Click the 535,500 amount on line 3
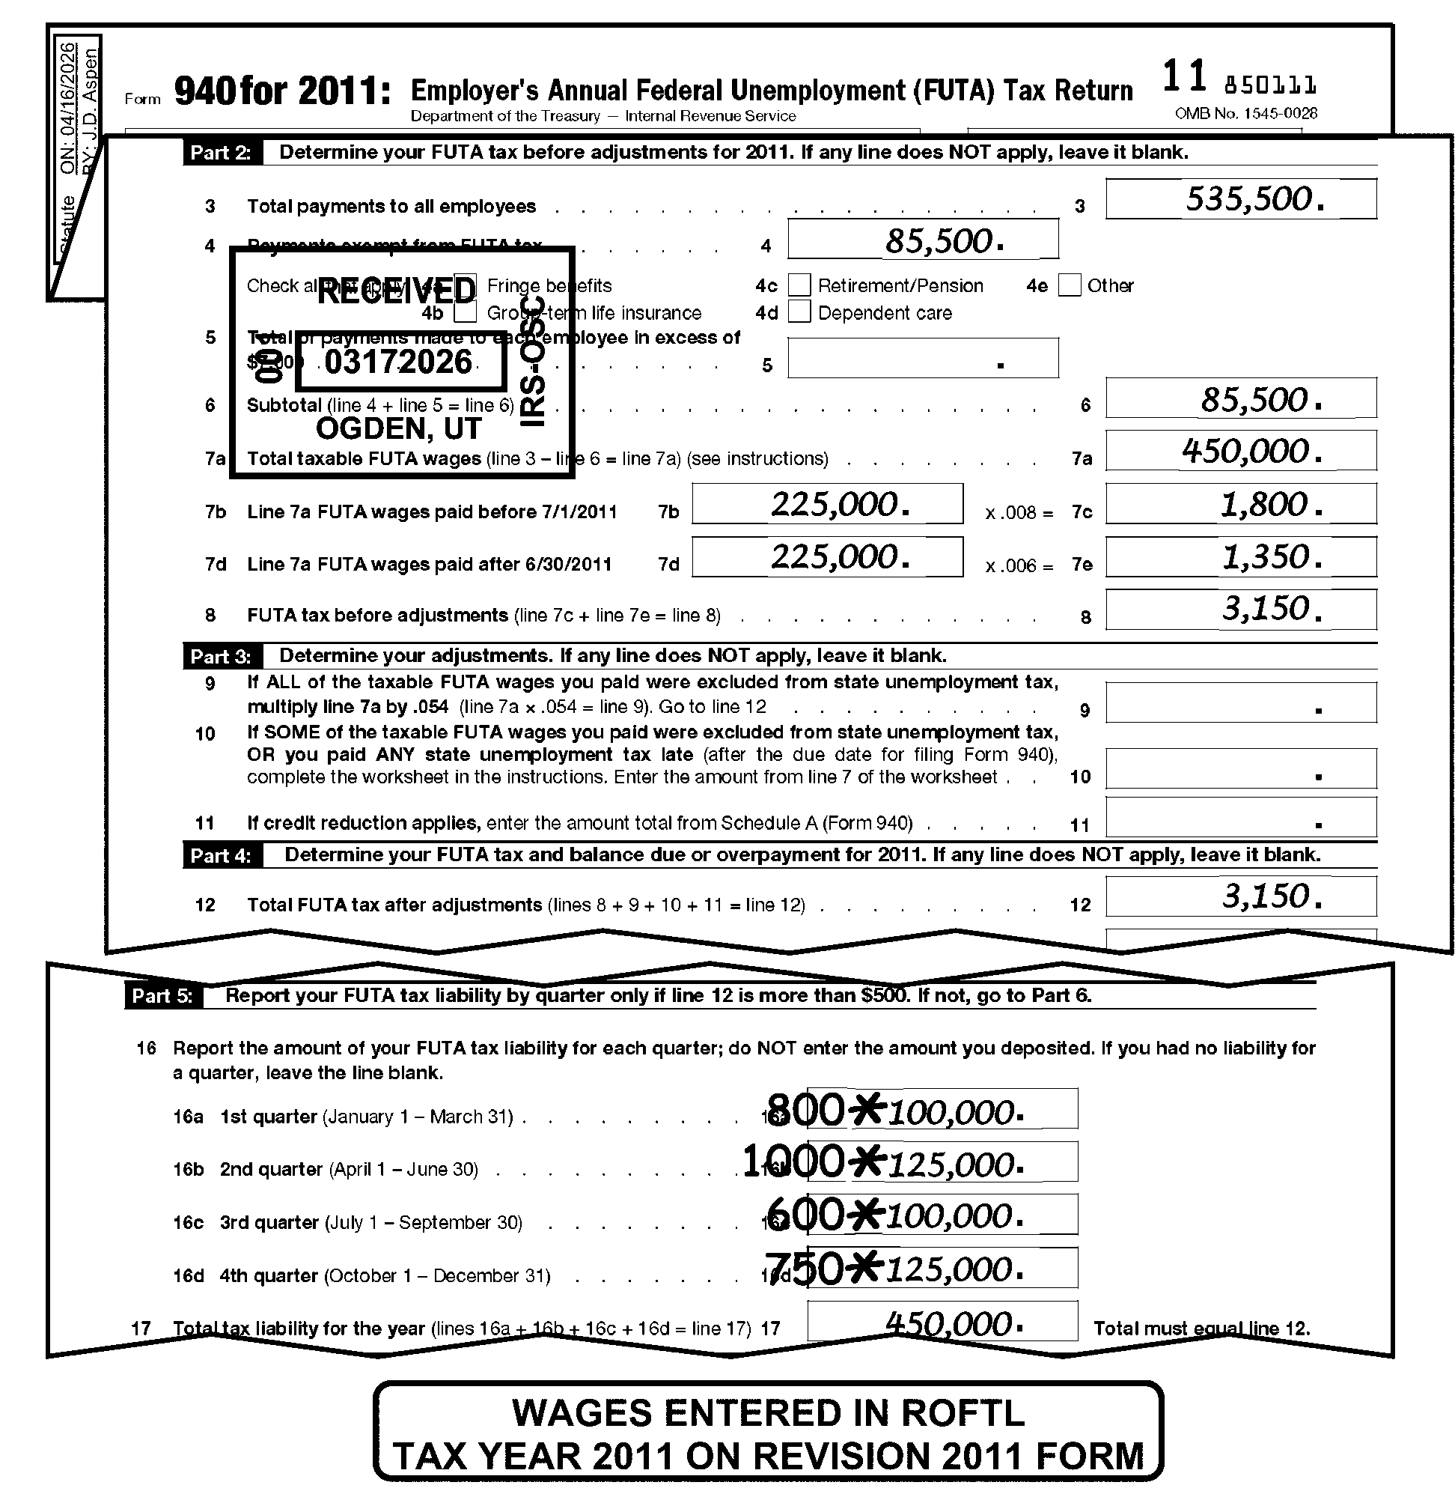(1254, 198)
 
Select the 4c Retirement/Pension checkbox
(799, 285)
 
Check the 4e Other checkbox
(1069, 285)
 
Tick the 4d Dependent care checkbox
(799, 312)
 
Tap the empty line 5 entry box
(922, 358)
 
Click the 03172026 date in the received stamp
(399, 362)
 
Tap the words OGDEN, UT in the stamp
(399, 428)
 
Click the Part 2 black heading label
(221, 152)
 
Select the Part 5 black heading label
(162, 995)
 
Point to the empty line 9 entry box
(1239, 702)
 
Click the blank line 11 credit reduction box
(1239, 817)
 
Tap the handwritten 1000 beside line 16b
(794, 1161)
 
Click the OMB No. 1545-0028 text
(1245, 114)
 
